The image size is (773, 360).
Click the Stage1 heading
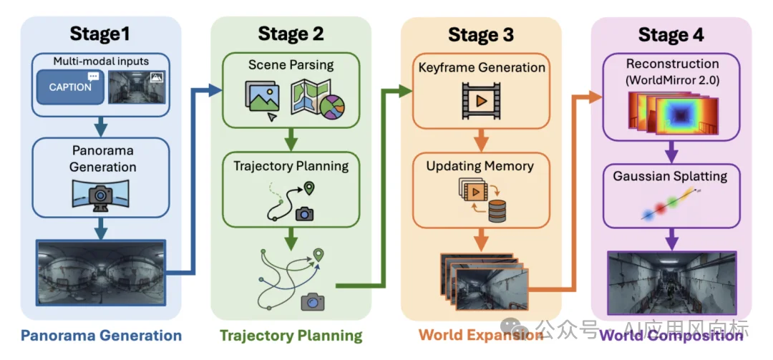pyautogui.click(x=100, y=34)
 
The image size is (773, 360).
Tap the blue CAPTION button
pyautogui.click(x=70, y=87)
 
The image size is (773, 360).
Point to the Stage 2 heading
pyautogui.click(x=291, y=34)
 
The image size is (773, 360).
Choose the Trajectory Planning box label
pyautogui.click(x=291, y=166)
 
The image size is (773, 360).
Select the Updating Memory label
pyautogui.click(x=480, y=166)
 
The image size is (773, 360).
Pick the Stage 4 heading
pyautogui.click(x=671, y=34)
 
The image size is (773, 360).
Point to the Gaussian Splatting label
pyautogui.click(x=671, y=176)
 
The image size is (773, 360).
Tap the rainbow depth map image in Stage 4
pyautogui.click(x=671, y=115)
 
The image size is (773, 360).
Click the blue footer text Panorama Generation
pyautogui.click(x=101, y=336)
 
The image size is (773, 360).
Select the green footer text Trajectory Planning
pyautogui.click(x=291, y=336)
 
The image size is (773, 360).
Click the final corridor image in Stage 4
pyautogui.click(x=671, y=283)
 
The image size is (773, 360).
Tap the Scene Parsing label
pyautogui.click(x=291, y=65)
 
